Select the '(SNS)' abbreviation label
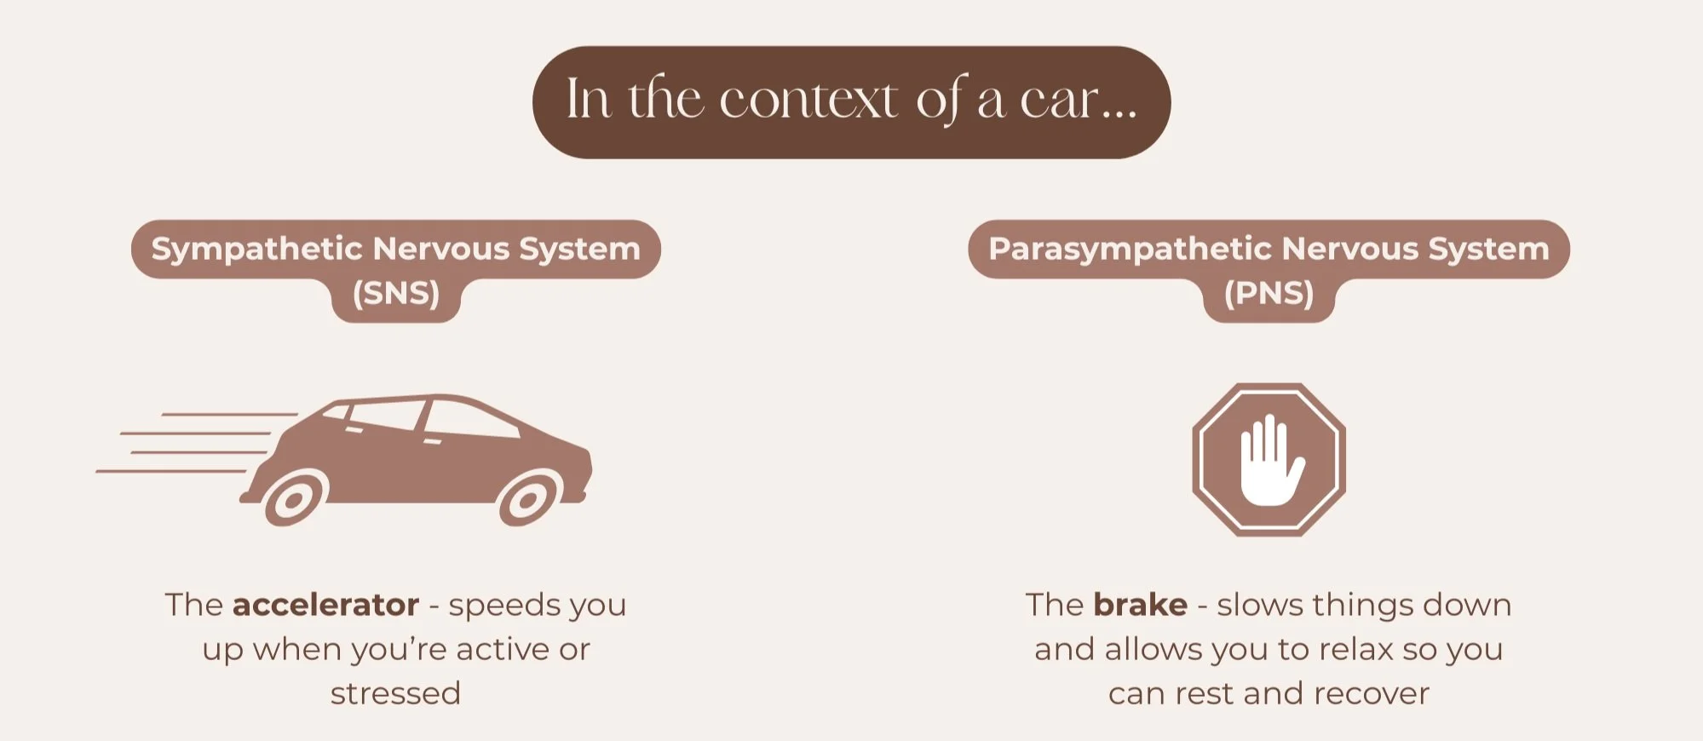[396, 294]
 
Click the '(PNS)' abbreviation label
[1269, 294]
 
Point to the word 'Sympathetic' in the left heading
[257, 249]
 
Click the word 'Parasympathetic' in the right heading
[1129, 249]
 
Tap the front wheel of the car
[528, 499]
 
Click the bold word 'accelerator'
[325, 605]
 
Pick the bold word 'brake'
[1140, 605]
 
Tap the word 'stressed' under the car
[395, 694]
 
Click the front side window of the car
[469, 420]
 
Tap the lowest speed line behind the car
[170, 471]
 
